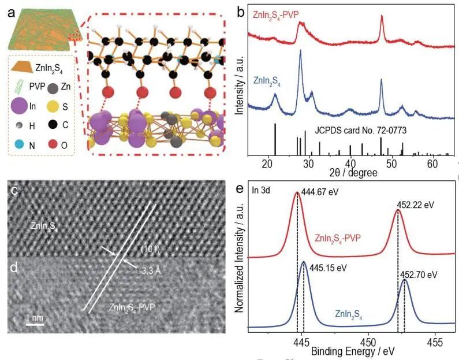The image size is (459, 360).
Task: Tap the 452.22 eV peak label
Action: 415,205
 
